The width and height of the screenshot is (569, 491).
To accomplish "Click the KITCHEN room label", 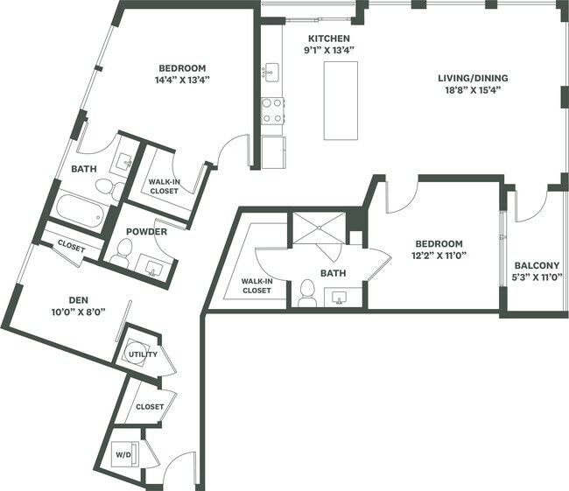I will [329, 39].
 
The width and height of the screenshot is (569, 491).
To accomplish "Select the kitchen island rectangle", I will [341, 101].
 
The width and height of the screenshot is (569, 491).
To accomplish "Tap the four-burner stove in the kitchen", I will [272, 109].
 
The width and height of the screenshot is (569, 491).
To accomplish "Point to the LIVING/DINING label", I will [473, 78].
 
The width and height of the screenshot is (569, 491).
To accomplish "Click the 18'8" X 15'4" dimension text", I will [473, 90].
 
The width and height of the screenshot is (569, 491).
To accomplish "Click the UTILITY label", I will [142, 354].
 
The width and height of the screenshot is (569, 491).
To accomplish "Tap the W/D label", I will [123, 455].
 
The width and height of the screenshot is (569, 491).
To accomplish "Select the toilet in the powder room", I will [121, 254].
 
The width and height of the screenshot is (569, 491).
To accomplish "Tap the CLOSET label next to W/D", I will [151, 407].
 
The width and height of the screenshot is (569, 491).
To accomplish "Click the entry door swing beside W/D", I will [184, 468].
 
